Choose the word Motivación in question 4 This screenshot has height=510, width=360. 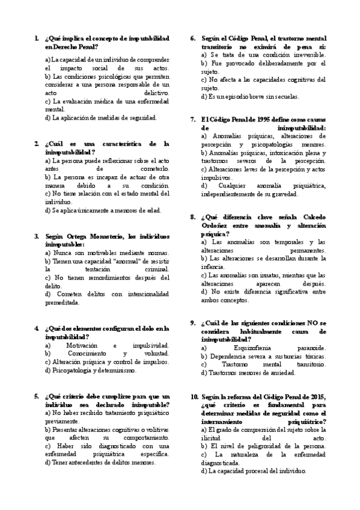[x=83, y=345]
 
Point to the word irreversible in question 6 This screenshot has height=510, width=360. [x=305, y=54]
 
